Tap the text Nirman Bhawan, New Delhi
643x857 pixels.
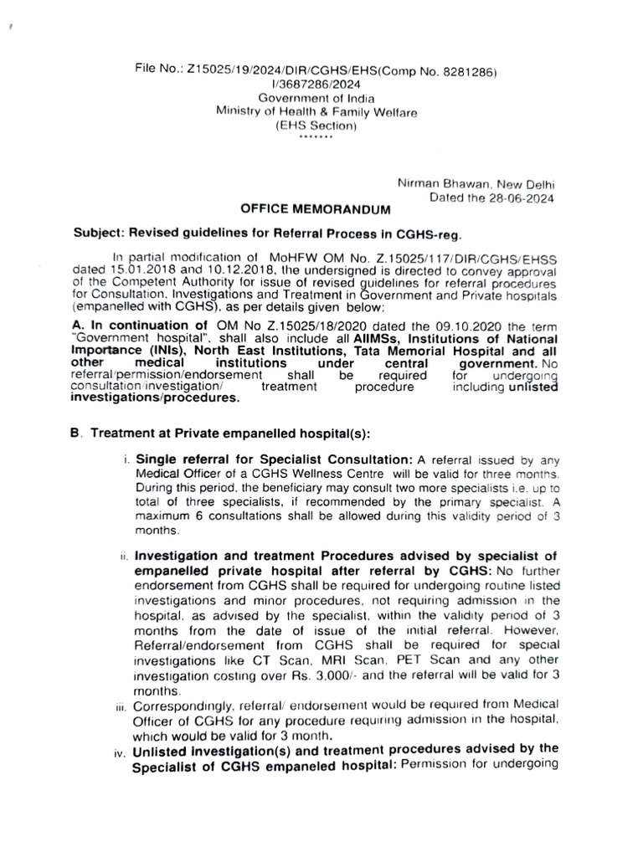tap(476, 184)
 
